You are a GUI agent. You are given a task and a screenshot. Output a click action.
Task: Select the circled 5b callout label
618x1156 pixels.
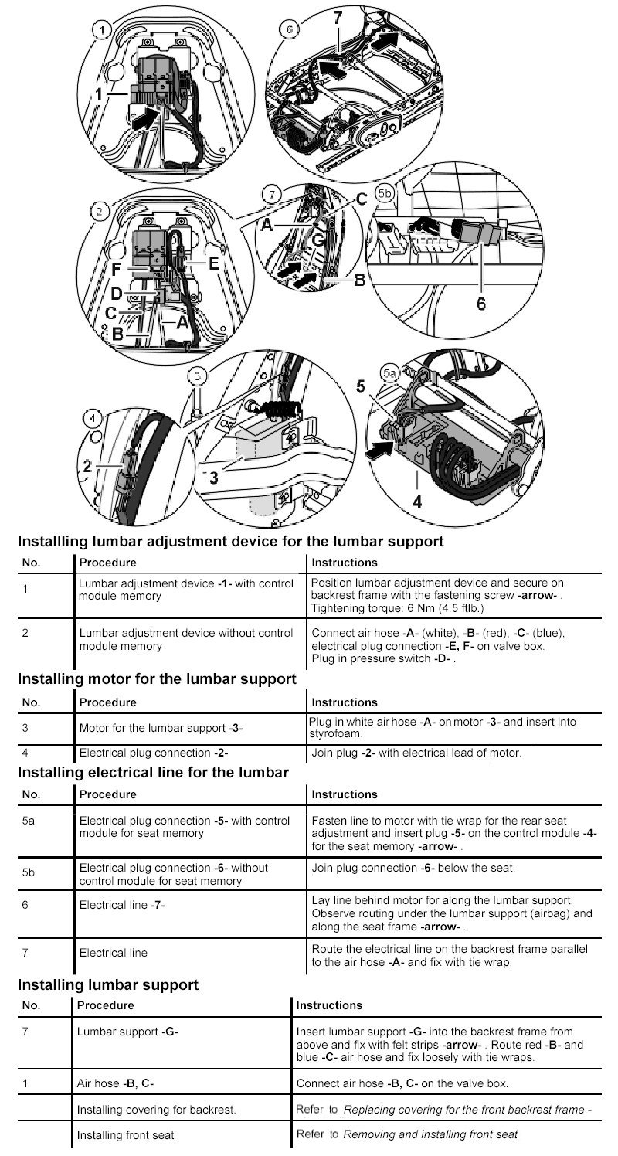click(x=385, y=189)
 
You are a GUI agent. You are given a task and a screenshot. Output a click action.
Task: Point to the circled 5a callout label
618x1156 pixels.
click(x=390, y=373)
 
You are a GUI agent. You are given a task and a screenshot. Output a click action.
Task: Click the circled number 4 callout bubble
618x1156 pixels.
click(x=93, y=417)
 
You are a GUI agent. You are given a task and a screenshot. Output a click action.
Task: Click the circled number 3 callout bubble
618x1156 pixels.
click(x=199, y=376)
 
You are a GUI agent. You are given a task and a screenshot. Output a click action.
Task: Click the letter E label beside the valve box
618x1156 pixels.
click(x=213, y=262)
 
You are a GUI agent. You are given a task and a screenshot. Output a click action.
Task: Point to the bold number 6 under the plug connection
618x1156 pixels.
click(x=480, y=304)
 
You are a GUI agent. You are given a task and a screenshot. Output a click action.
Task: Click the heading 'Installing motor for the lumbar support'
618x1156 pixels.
click(x=157, y=678)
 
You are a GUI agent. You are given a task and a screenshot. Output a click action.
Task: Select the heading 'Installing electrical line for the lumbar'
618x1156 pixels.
click(x=153, y=771)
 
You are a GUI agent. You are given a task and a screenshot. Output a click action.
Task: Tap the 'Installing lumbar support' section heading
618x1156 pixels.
click(x=108, y=984)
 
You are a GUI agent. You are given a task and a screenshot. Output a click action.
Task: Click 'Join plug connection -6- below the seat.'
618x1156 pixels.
click(x=413, y=868)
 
